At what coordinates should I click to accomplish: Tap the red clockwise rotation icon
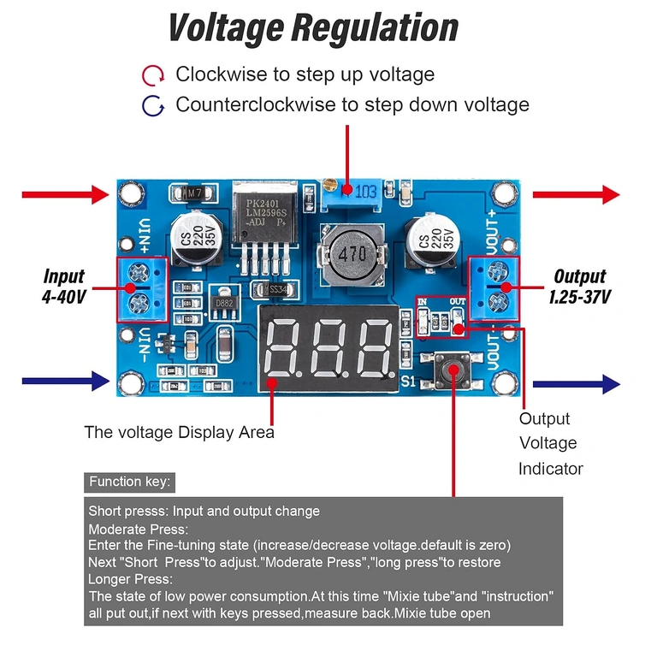coord(153,76)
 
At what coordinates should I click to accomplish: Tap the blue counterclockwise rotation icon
coord(153,106)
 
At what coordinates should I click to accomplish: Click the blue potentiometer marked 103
coord(352,196)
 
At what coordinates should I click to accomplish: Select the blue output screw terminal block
coord(493,287)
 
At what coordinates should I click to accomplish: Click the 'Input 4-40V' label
coord(63,286)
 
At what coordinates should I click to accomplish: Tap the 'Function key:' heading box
coord(130,482)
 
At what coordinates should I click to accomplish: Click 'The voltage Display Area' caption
coord(179,432)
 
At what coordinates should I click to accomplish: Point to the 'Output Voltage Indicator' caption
coord(550,443)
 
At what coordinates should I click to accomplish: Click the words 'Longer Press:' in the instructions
coord(130,579)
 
